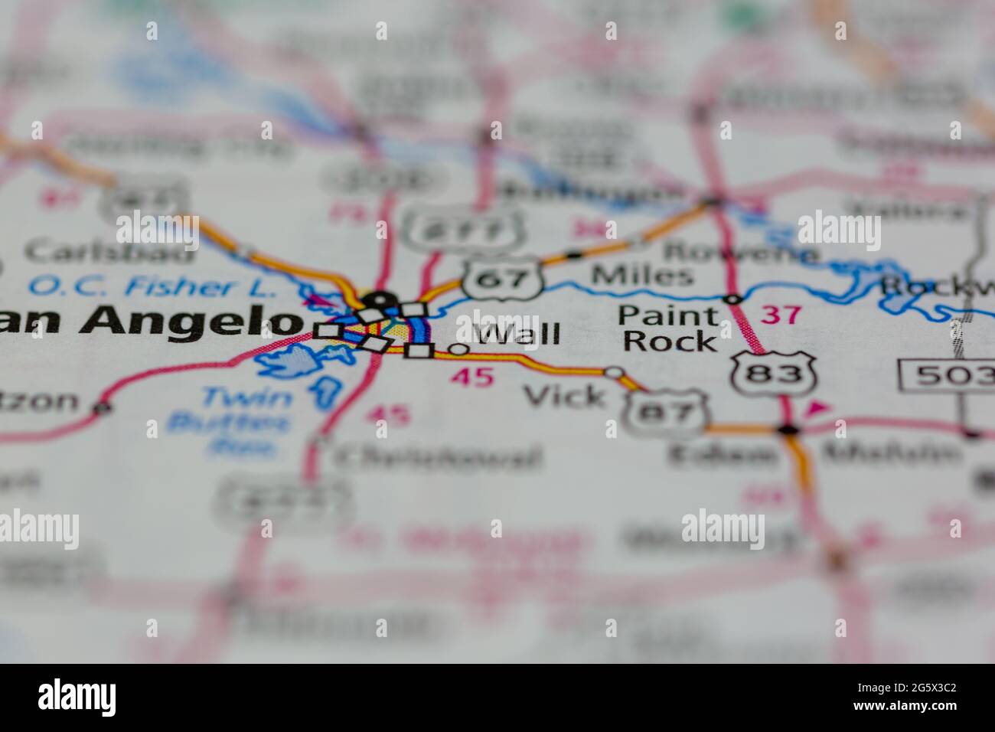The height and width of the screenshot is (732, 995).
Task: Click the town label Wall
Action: [517, 335]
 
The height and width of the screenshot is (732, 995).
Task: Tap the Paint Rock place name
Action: [669, 328]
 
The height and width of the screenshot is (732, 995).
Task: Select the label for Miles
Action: [642, 276]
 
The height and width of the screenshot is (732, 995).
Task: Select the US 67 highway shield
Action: [502, 279]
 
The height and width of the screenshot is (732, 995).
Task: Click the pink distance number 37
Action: [781, 314]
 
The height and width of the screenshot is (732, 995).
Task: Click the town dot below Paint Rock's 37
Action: [788, 430]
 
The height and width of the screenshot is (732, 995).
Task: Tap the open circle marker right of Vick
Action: [615, 373]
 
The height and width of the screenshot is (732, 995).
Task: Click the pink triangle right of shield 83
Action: [817, 409]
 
